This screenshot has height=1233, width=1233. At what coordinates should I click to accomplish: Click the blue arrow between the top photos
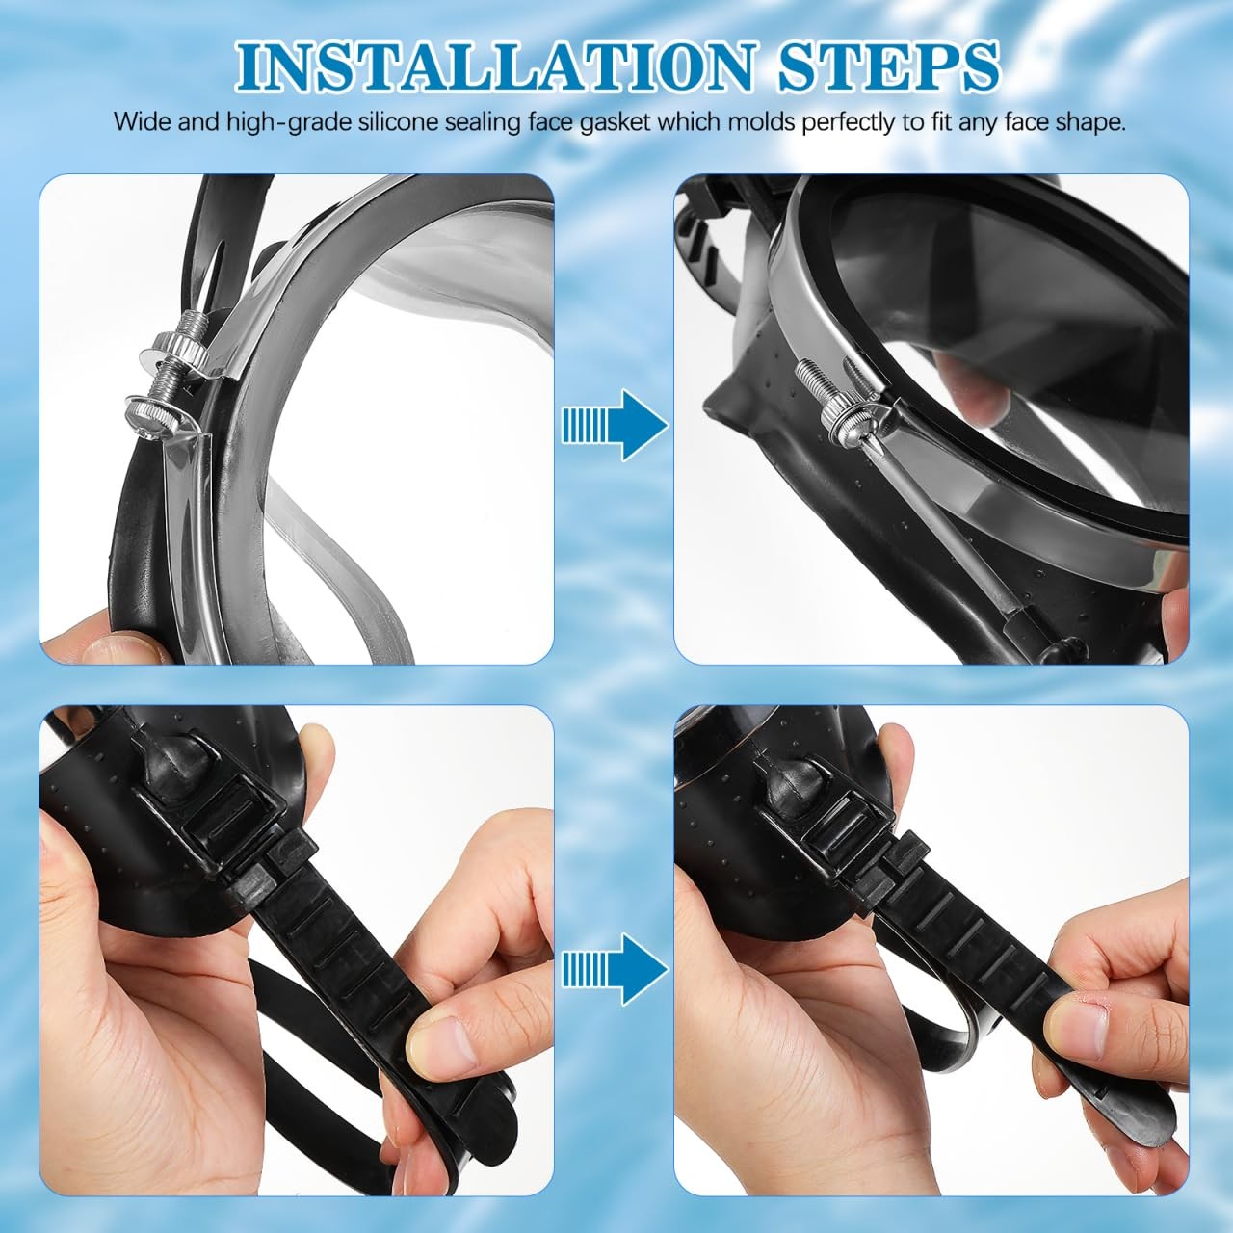point(615,426)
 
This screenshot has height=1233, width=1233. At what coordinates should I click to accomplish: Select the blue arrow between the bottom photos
point(615,968)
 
